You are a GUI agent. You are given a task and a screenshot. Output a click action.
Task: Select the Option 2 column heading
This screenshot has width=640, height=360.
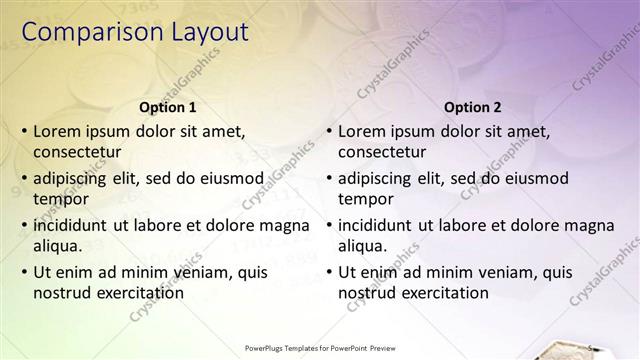coord(472,107)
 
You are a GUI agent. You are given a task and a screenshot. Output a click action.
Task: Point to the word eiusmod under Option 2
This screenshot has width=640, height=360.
coord(533,178)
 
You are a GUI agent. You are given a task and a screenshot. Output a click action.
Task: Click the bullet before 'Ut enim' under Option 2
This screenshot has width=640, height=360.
coord(328,272)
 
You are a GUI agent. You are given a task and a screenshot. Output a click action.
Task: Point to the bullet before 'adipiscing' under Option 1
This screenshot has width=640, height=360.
coord(23,178)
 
